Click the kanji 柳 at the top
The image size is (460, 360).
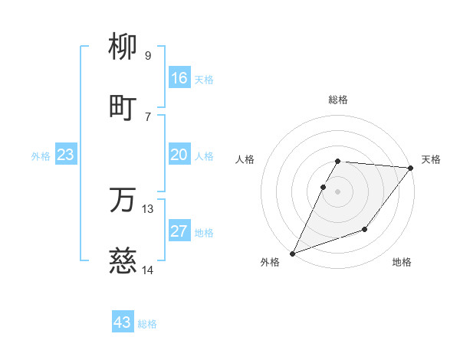click(123, 47)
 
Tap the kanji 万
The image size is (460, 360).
click(123, 201)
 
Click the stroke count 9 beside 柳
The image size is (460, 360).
click(147, 55)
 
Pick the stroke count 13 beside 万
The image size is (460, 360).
click(148, 208)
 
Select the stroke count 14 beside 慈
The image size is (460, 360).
click(148, 270)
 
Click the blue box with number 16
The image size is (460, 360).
click(179, 78)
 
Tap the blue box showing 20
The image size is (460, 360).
click(179, 155)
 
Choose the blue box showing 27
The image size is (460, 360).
click(179, 231)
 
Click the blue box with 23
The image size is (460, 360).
click(66, 155)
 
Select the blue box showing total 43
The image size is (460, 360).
click(123, 322)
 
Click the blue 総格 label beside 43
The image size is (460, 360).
click(147, 324)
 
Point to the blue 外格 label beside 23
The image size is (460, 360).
click(41, 156)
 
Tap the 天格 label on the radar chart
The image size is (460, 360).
click(431, 159)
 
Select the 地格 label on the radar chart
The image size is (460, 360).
click(402, 262)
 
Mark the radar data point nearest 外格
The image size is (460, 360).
click(292, 254)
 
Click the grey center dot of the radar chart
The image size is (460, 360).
click(337, 191)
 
